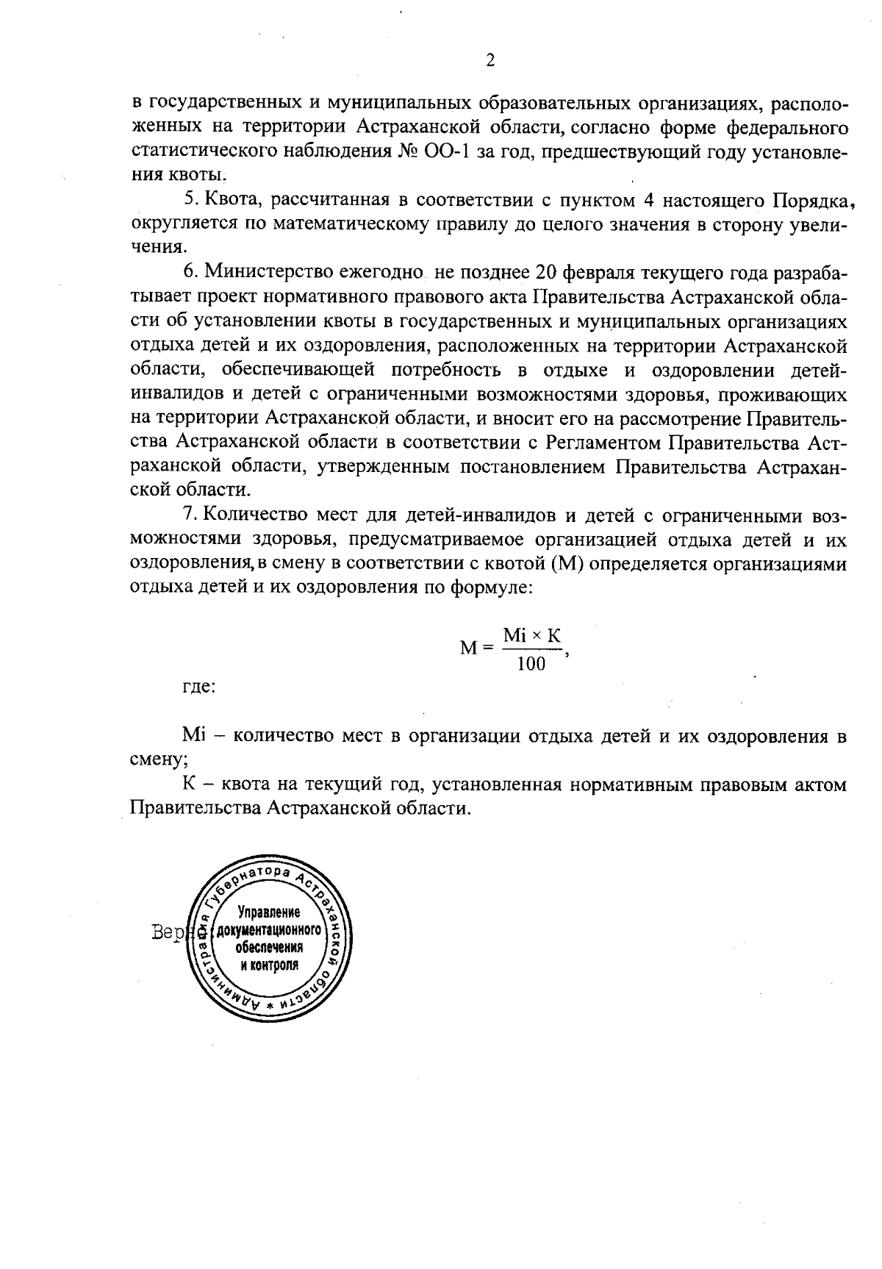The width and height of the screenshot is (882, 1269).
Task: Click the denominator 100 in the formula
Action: click(531, 665)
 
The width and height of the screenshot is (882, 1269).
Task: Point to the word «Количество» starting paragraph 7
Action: click(254, 515)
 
